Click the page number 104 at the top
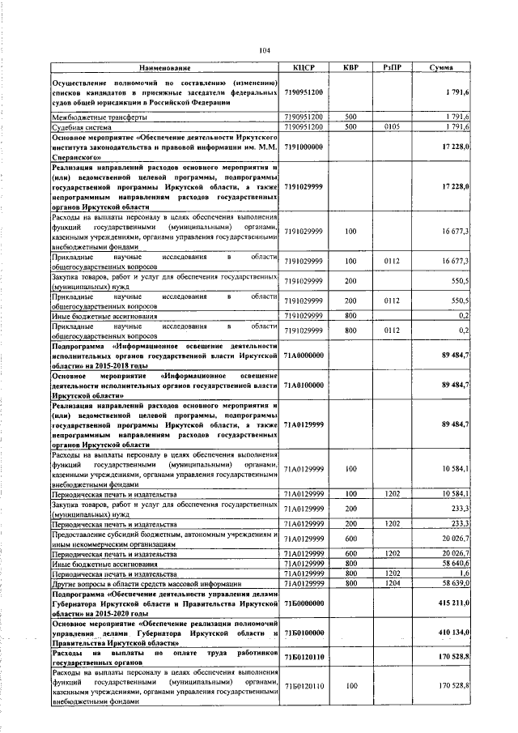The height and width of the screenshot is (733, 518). point(264,50)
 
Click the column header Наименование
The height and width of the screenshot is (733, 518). point(165,68)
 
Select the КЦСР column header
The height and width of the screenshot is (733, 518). point(304,68)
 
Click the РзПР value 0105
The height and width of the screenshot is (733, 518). point(392,127)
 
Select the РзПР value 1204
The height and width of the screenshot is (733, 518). point(392,582)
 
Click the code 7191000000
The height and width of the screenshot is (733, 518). point(304,147)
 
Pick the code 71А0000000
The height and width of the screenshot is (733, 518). point(304,354)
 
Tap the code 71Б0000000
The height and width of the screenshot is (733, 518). point(304,603)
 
